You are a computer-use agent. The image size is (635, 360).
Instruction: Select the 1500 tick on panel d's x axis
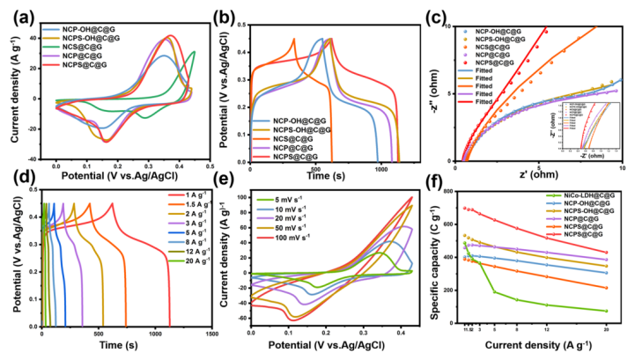pos(211,335)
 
